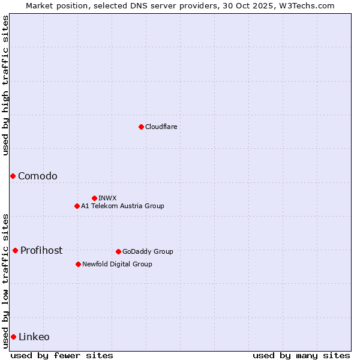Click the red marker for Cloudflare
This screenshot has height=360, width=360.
(x=141, y=127)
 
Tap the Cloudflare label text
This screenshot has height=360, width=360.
(x=161, y=127)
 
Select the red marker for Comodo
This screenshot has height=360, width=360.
(x=13, y=176)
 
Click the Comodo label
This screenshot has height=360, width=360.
(x=38, y=176)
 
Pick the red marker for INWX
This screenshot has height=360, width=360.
(x=94, y=198)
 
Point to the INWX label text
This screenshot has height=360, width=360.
(x=108, y=198)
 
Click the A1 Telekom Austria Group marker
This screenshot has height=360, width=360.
(x=77, y=206)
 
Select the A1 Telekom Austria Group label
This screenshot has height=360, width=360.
(x=122, y=206)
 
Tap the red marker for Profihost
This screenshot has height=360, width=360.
(x=15, y=250)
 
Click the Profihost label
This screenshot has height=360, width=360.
(x=41, y=251)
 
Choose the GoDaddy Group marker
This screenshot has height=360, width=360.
(x=118, y=251)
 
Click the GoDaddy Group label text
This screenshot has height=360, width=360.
(x=148, y=252)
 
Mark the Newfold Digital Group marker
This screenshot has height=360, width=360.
(x=78, y=264)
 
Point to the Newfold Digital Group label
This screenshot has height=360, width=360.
(x=117, y=264)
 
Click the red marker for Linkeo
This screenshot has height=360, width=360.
(x=13, y=337)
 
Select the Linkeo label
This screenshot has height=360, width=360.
(x=34, y=337)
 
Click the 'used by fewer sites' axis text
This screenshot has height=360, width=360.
(x=62, y=355)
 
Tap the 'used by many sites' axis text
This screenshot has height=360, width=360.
(x=301, y=355)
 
